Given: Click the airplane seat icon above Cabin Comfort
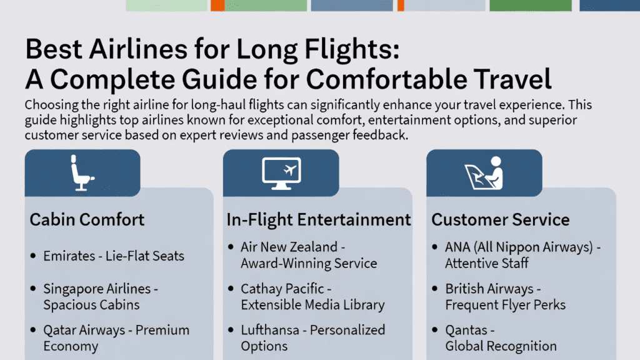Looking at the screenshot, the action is [x=82, y=172].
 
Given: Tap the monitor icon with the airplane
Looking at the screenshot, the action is [x=281, y=173].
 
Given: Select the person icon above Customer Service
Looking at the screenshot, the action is [x=484, y=172].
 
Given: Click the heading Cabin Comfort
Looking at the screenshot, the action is [x=87, y=219].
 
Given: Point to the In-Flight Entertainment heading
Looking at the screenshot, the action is [x=319, y=219].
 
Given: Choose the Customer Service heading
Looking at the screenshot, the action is [x=501, y=219].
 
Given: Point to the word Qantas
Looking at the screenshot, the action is [x=466, y=330].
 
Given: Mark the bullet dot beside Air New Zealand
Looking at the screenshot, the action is [x=231, y=246].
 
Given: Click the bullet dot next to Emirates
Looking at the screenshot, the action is [x=34, y=256].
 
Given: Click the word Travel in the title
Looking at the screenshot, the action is [x=512, y=79].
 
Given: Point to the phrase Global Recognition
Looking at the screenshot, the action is [x=501, y=346].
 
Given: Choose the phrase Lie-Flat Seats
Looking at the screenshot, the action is [x=145, y=256].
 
